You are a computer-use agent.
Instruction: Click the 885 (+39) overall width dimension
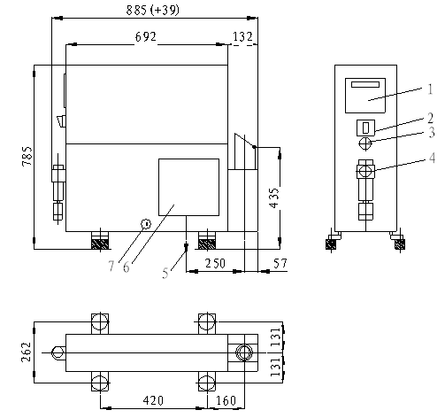(152, 10)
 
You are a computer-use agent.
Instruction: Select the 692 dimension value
(146, 37)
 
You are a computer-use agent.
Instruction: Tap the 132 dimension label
(242, 37)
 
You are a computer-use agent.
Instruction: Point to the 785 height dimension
(27, 156)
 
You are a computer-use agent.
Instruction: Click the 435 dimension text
(274, 197)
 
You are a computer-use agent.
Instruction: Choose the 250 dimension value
(215, 263)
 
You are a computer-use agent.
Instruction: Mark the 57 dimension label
(280, 263)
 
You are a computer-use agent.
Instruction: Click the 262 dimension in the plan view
(27, 352)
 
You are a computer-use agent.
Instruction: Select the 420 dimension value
(153, 400)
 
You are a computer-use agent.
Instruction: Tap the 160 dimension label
(226, 400)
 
